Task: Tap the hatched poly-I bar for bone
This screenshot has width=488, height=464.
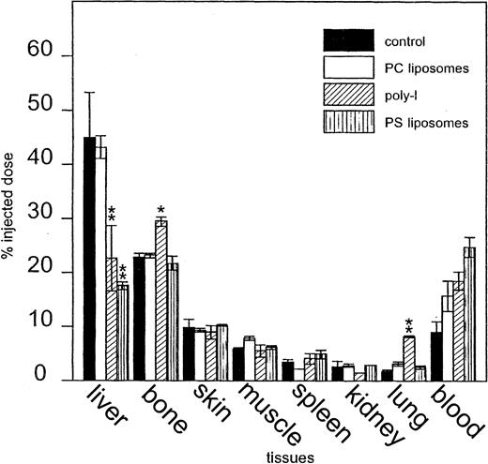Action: click(x=161, y=300)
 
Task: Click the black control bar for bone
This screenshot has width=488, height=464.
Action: click(x=139, y=318)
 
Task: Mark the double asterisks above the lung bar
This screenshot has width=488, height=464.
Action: click(x=409, y=325)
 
